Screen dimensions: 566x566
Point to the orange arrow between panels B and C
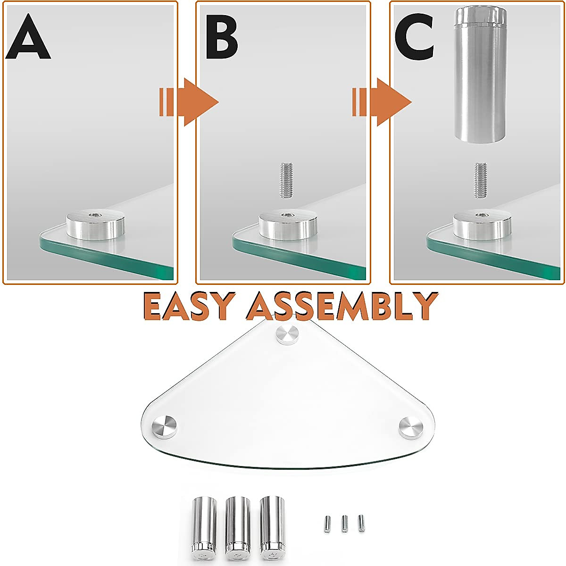point(382,102)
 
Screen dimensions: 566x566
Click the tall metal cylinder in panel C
point(480,75)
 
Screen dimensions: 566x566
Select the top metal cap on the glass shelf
point(287,334)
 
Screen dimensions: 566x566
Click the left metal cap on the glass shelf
point(165,426)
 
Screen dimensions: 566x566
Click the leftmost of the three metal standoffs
point(204,524)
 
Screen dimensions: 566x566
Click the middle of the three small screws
point(345,524)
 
